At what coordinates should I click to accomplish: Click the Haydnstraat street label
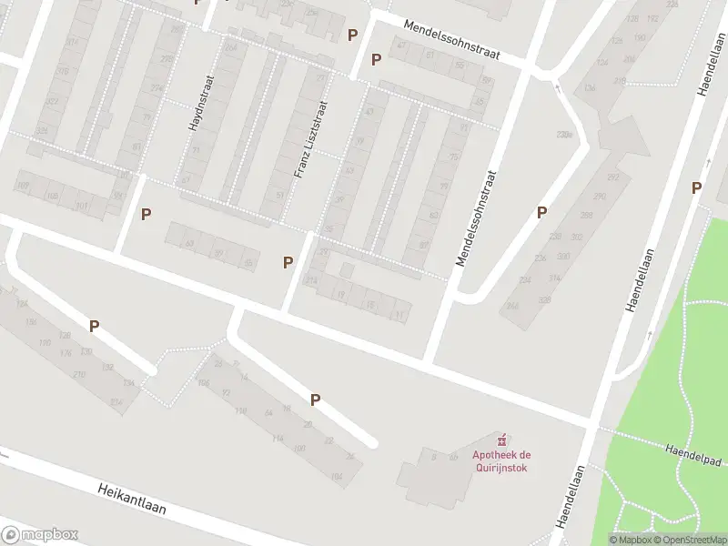[195, 103]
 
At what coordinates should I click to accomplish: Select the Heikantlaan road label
[132, 499]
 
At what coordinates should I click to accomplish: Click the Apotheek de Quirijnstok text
[500, 461]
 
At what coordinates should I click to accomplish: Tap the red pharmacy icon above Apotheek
[500, 440]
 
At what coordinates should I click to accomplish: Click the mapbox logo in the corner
[40, 535]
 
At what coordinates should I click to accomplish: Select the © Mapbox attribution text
[628, 540]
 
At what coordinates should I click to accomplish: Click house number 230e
[566, 135]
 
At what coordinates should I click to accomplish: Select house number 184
[338, 477]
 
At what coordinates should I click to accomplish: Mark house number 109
[22, 187]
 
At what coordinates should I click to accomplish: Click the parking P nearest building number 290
[541, 212]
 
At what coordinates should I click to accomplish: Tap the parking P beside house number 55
[288, 262]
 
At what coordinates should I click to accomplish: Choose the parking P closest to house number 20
[316, 399]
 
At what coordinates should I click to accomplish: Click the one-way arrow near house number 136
[558, 89]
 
